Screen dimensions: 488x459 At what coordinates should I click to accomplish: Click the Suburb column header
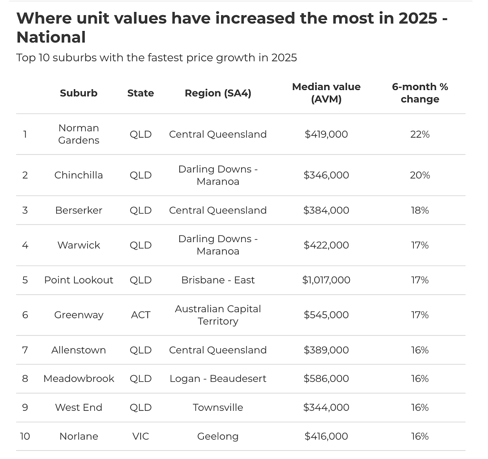[79, 93]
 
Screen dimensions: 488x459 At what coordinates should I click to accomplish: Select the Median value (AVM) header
[326, 93]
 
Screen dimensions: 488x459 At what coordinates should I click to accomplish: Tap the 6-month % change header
[420, 93]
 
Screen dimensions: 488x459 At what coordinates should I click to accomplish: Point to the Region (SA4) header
[218, 93]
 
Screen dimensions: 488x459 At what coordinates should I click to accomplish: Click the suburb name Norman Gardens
[79, 134]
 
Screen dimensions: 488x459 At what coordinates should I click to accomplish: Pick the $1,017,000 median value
[326, 280]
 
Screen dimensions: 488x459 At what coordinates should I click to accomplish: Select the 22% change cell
[420, 134]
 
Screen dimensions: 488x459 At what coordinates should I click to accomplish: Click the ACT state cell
[141, 315]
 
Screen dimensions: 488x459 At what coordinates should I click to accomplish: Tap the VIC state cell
[141, 436]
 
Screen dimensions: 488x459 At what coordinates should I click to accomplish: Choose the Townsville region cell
[218, 408]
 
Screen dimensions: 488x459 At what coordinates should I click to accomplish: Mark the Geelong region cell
[218, 437]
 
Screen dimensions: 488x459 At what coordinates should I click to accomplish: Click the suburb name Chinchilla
[79, 175]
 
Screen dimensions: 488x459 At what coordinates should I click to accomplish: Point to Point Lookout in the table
[79, 280]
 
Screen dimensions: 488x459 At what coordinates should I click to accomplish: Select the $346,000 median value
[326, 175]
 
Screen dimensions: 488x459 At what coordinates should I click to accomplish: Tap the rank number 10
[25, 436]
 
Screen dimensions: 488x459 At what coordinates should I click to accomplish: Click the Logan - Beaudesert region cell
[218, 379]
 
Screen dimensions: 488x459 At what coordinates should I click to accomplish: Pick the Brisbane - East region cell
[218, 280]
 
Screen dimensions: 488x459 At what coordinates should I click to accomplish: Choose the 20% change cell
[420, 175]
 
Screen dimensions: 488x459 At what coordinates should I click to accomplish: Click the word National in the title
[51, 37]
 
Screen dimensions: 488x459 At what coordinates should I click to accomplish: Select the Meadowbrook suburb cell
[79, 379]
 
